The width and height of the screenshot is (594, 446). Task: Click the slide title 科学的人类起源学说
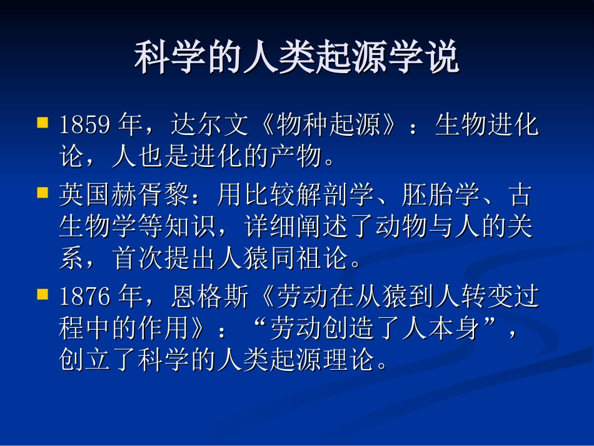(297, 58)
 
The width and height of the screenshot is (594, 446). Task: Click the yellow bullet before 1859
(43, 121)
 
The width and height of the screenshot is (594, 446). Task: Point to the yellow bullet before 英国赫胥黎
(43, 191)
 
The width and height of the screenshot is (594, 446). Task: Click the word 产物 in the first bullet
(296, 157)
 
